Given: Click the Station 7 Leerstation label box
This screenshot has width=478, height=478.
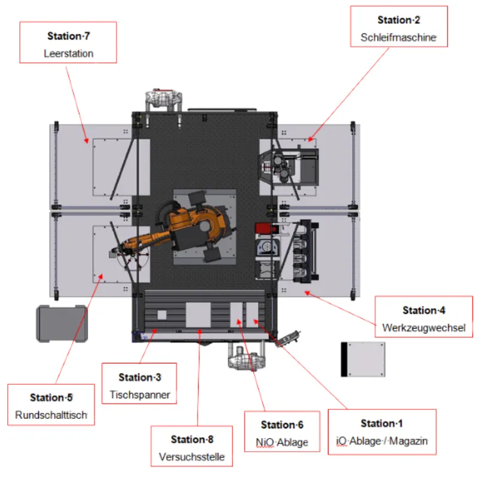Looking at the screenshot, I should [x=68, y=43].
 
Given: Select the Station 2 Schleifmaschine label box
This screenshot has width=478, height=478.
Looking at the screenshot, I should [x=399, y=29].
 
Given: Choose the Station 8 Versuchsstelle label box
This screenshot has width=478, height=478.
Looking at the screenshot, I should [x=191, y=448].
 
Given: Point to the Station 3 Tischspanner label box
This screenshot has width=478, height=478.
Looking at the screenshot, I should [x=139, y=385].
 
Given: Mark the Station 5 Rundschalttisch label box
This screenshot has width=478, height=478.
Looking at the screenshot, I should [x=51, y=405].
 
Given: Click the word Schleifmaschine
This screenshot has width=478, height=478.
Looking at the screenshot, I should [x=399, y=37].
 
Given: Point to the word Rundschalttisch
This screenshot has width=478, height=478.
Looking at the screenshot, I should [x=51, y=414].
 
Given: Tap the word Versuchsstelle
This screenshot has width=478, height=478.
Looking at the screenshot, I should [x=191, y=456].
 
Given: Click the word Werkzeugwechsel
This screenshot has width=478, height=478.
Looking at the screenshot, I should [x=424, y=327].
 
